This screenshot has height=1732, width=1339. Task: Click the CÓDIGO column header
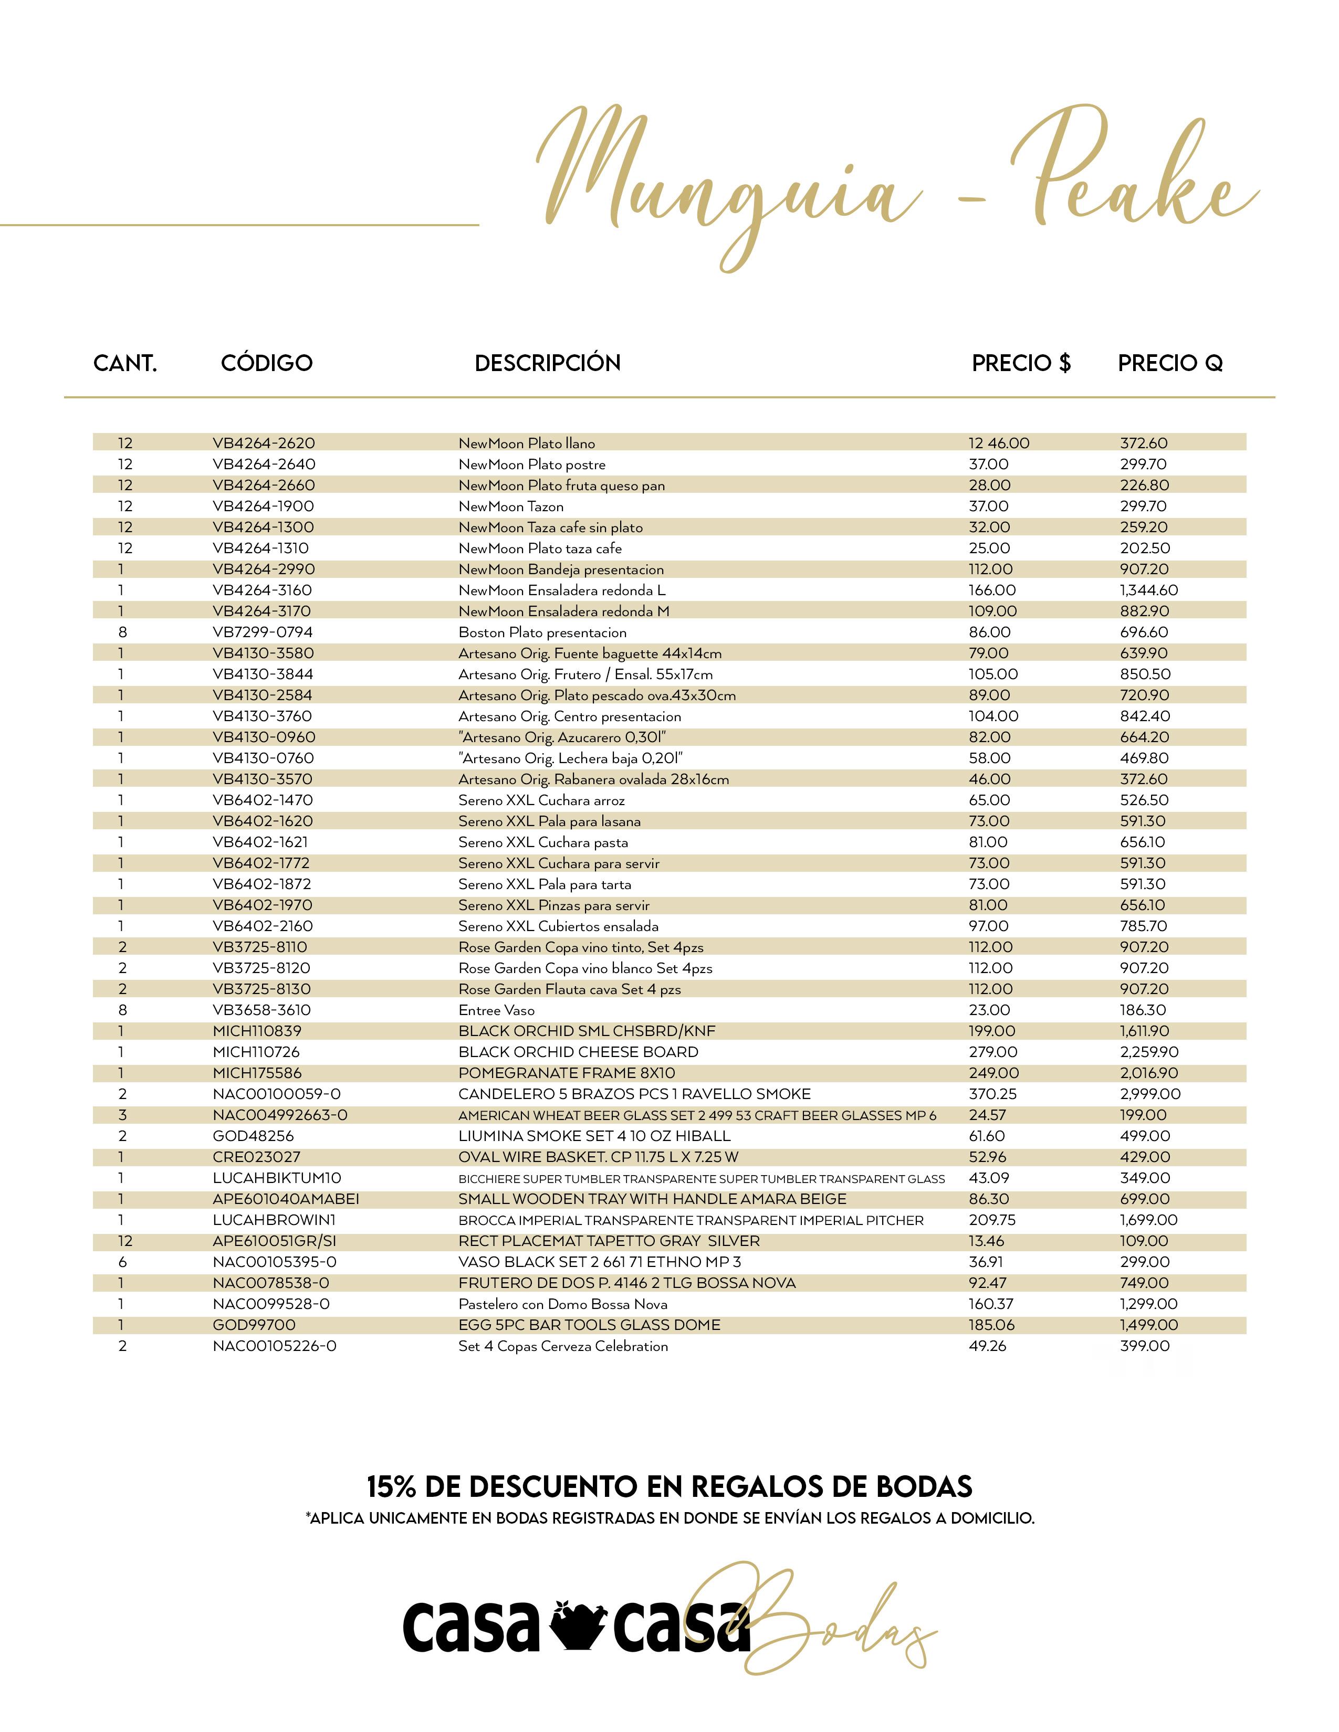pyautogui.click(x=267, y=363)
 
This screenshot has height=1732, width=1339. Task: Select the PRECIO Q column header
pyautogui.click(x=1170, y=363)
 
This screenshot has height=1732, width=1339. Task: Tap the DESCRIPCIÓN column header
pyautogui.click(x=547, y=363)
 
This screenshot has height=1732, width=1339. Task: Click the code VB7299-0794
pyautogui.click(x=263, y=632)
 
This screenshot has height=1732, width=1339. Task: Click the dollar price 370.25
pyautogui.click(x=992, y=1094)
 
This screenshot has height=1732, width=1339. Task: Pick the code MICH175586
pyautogui.click(x=257, y=1073)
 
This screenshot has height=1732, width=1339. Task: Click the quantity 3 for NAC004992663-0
pyautogui.click(x=122, y=1115)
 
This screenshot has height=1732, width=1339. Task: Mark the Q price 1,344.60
pyautogui.click(x=1148, y=590)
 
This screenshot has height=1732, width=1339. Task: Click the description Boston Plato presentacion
pyautogui.click(x=542, y=632)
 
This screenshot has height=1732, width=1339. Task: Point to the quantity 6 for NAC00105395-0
pyautogui.click(x=122, y=1262)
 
